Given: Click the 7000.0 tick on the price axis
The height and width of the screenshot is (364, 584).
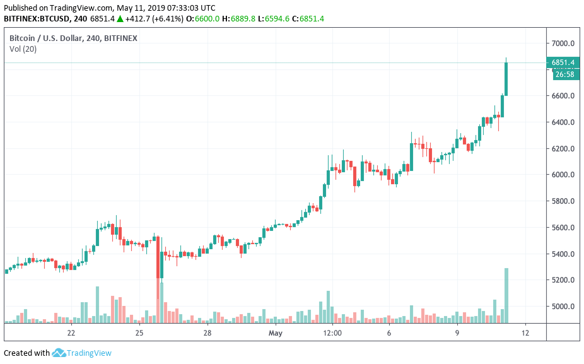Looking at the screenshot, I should (563, 44).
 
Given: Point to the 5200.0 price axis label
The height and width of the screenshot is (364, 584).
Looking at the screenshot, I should (563, 280).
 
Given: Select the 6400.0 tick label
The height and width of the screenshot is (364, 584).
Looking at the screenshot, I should (563, 122).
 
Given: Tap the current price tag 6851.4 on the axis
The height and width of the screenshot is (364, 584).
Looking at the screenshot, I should (563, 62).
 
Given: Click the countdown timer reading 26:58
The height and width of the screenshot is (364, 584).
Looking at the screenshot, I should (564, 74).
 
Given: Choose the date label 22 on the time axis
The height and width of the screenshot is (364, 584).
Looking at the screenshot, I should (71, 333).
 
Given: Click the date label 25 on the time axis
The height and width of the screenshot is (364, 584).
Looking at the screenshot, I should (139, 333).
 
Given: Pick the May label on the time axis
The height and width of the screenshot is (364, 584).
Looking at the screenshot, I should (275, 333).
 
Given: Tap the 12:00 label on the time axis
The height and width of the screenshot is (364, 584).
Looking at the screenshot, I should (332, 333).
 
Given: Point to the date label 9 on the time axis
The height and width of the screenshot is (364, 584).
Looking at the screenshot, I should (457, 333).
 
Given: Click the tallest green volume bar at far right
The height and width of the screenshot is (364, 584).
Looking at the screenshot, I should (506, 295).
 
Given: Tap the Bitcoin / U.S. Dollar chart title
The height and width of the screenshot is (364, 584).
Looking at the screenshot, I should (73, 38).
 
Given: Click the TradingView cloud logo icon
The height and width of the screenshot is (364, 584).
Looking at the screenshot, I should (59, 353).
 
